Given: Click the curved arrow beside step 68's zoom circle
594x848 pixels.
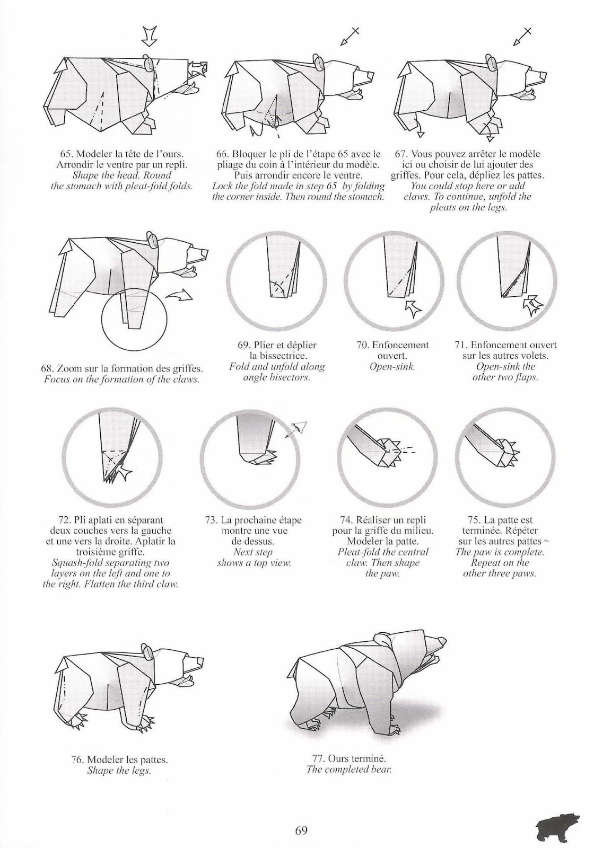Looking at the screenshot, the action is tap(180, 295).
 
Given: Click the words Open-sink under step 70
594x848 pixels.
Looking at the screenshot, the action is tap(392, 367).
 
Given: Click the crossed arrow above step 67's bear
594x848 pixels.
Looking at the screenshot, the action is tap(522, 37).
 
